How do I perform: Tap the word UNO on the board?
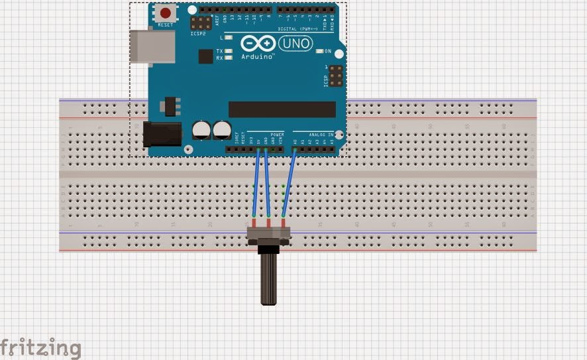tap(295, 44)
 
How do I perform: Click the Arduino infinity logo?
tap(258, 44)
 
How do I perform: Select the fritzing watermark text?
tap(40, 347)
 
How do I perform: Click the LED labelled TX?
tap(229, 51)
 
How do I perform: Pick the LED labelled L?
tap(229, 38)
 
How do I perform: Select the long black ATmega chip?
tap(282, 109)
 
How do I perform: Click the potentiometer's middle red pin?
tap(269, 221)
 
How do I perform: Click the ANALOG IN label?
tap(321, 135)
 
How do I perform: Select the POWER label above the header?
tap(277, 135)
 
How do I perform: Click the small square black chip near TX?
tap(205, 56)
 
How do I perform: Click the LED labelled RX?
tap(229, 58)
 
